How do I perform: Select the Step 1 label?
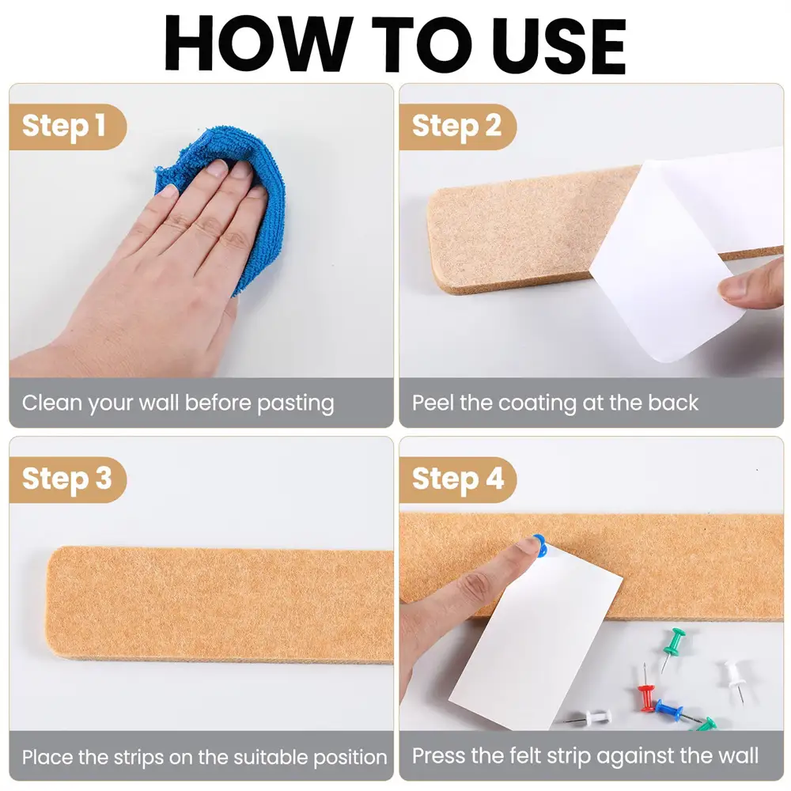click(63, 126)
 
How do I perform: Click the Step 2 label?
click(456, 126)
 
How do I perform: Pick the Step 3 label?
click(66, 479)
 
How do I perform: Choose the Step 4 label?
click(458, 479)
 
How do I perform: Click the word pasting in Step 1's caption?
click(296, 404)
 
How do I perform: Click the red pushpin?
click(645, 690)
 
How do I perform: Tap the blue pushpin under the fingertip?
click(539, 546)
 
